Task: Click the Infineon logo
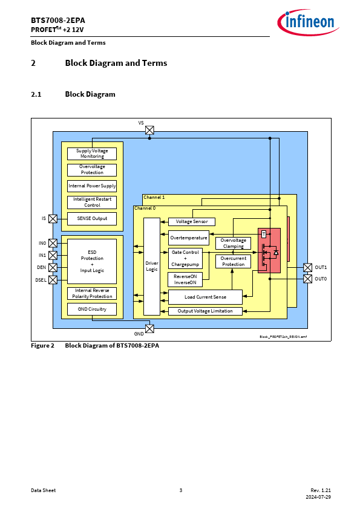[x=308, y=22]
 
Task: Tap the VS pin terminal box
[x=149, y=130]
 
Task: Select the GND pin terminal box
[x=149, y=328]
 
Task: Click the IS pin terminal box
[x=53, y=218]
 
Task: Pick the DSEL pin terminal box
[x=53, y=279]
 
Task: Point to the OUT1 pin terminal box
[x=308, y=267]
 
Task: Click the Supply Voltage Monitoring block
[x=92, y=154]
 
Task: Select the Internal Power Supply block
[x=92, y=186]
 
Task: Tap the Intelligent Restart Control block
[x=92, y=203]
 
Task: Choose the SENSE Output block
[x=92, y=218]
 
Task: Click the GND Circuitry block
[x=92, y=309]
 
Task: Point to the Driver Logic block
[x=152, y=266]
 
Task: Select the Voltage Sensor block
[x=192, y=222]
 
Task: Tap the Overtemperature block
[x=189, y=238]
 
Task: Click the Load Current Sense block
[x=205, y=297]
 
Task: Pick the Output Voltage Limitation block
[x=205, y=311]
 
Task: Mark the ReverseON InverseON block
[x=185, y=279]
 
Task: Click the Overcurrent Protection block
[x=234, y=261]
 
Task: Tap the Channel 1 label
[x=154, y=197]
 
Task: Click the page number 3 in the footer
[x=181, y=490]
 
